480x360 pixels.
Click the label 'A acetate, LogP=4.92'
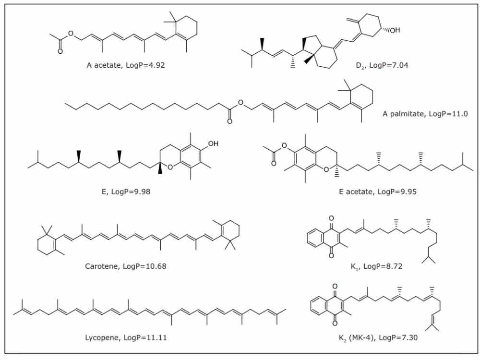click(x=126, y=65)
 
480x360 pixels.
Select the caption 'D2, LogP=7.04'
click(x=382, y=65)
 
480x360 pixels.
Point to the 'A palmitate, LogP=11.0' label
click(x=425, y=114)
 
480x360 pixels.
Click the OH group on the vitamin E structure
click(x=213, y=143)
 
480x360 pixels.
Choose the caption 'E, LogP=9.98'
click(x=126, y=192)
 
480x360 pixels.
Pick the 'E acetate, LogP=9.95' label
click(x=378, y=192)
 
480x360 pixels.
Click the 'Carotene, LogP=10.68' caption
click(x=125, y=266)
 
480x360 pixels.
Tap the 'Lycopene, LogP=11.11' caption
click(x=126, y=337)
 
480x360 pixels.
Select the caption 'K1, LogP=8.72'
click(x=376, y=266)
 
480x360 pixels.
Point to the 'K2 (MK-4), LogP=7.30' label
click(x=378, y=338)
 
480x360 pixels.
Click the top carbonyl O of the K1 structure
click(x=331, y=218)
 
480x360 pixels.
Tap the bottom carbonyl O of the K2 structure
click(x=335, y=323)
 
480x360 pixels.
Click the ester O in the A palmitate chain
click(x=241, y=102)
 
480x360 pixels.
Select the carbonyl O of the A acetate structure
click(x=60, y=51)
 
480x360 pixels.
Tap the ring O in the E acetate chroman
click(x=326, y=169)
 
